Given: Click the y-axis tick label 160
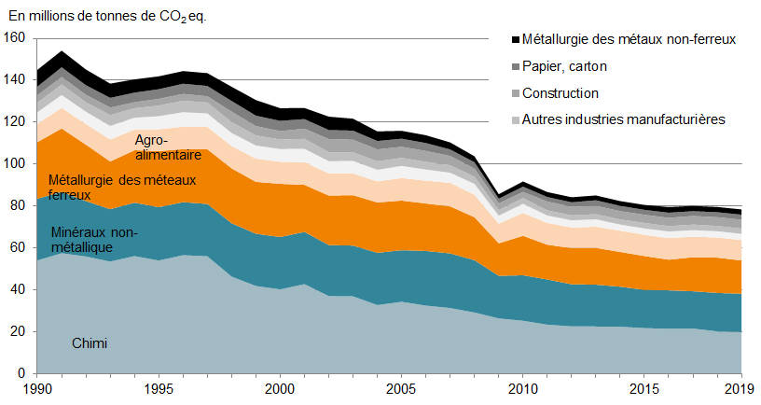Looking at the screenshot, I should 16,38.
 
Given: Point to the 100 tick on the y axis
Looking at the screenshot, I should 16,164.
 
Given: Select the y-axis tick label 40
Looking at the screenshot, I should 20,290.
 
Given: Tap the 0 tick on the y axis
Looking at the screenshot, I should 23,373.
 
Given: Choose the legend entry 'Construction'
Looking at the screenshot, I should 560,93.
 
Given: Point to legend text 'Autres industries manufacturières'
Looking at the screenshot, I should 623,119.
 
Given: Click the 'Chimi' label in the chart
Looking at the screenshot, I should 90,344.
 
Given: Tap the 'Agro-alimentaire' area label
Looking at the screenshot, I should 168,147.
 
